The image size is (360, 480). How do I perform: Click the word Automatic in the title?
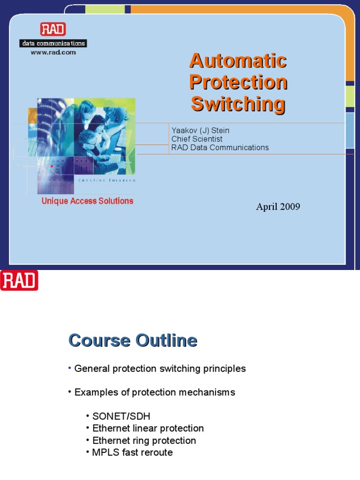point(238,61)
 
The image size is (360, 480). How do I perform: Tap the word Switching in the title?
point(238,104)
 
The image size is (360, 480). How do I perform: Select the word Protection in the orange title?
point(238,82)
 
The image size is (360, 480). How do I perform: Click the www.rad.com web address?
point(53,52)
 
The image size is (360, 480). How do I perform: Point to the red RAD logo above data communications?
point(53,30)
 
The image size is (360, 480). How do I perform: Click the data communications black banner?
point(53,44)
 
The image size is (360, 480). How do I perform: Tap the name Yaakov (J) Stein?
point(200,130)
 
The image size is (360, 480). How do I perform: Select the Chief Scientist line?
point(197,139)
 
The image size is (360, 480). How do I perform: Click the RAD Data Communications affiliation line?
point(220,147)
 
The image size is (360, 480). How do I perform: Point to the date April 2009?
point(278,207)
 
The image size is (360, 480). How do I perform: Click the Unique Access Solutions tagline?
point(87,201)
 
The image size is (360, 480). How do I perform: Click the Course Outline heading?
point(133,340)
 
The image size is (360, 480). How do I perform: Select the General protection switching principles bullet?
point(160,368)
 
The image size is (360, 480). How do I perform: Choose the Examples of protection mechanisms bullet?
point(155,392)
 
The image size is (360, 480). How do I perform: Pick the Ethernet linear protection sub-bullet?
point(148,428)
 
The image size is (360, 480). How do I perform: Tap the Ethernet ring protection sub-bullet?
point(144,440)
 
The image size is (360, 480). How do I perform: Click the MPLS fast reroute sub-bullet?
point(132,452)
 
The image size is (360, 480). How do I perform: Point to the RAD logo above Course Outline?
point(19,280)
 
